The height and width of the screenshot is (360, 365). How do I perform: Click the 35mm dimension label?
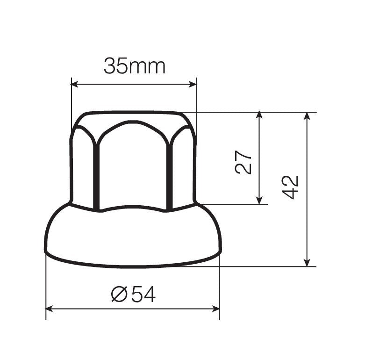(134, 66)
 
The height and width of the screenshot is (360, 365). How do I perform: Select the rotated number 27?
(243, 162)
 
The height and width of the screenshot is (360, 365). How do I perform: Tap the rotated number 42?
(291, 187)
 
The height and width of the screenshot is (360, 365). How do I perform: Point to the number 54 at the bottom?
(143, 294)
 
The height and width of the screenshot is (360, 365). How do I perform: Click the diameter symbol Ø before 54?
(120, 294)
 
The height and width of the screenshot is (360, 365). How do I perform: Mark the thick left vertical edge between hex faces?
(96, 175)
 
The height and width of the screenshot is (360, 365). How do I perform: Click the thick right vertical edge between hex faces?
(170, 175)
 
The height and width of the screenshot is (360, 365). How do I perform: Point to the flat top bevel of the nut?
(133, 117)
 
